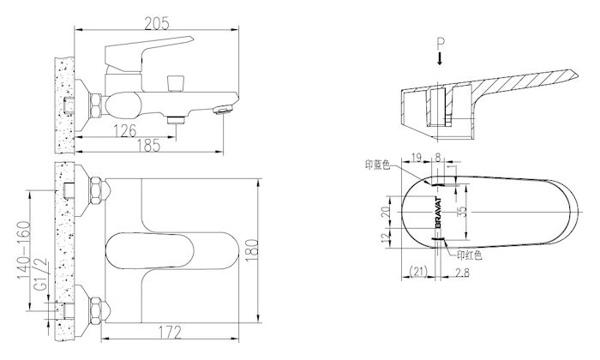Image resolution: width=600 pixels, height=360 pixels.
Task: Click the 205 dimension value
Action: [156, 24]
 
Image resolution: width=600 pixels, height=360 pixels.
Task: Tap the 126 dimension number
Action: [125, 131]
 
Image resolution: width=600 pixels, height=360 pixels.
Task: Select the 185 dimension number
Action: [148, 146]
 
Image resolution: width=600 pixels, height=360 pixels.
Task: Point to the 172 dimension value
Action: [170, 333]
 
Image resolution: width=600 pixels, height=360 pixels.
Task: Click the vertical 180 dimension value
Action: [252, 250]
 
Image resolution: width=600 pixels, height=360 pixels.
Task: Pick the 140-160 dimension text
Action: [24, 250]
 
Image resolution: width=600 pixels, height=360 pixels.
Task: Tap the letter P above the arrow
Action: [441, 45]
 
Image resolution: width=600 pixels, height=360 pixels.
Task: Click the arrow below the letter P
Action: [440, 59]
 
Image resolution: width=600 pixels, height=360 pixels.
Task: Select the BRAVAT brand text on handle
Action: [439, 213]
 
